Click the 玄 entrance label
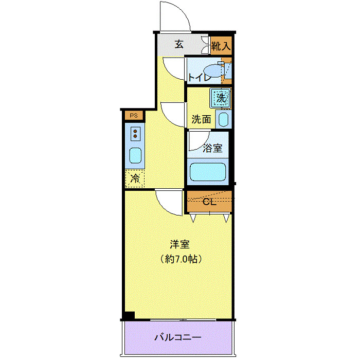179,44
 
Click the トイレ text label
199,78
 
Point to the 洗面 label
201,119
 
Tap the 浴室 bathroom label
212,148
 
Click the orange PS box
134,115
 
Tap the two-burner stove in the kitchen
136,134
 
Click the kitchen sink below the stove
135,155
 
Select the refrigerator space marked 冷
135,178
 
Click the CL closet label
209,201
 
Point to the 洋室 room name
179,244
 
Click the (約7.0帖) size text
179,259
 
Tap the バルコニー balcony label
178,338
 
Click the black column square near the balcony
129,315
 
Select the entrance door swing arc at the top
175,15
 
